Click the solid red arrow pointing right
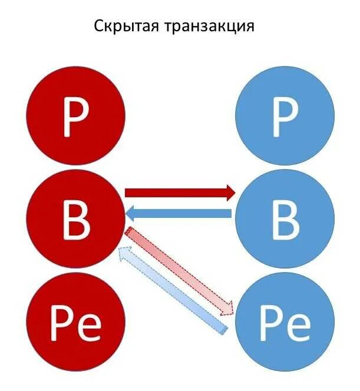click(177, 192)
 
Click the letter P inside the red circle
click(77, 117)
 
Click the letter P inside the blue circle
click(285, 117)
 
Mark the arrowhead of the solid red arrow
click(229, 192)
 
